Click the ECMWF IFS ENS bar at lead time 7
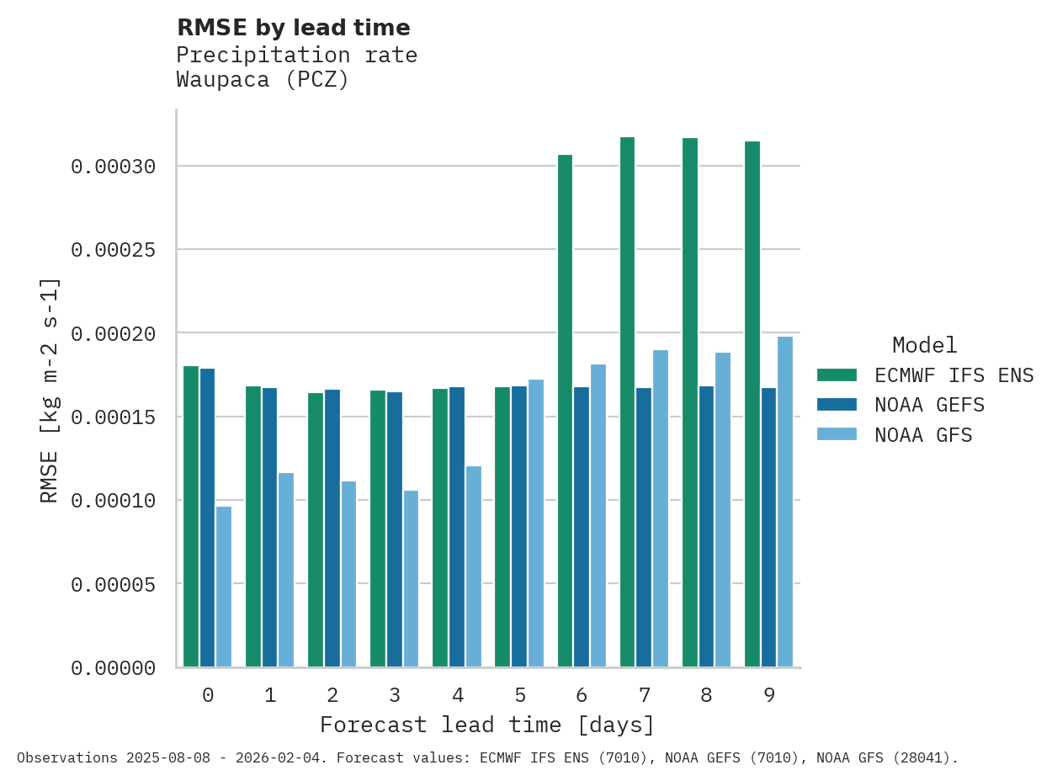(x=628, y=402)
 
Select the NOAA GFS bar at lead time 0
(x=224, y=587)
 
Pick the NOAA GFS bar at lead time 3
(x=411, y=579)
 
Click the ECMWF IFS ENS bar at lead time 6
(x=565, y=411)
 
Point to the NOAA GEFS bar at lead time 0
(x=207, y=518)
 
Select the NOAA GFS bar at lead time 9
(x=785, y=502)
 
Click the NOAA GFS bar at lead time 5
(x=536, y=523)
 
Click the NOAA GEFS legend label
(x=929, y=405)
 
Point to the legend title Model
(x=924, y=345)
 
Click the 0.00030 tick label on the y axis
(x=114, y=167)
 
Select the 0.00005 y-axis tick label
(x=114, y=584)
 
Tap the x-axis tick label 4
(x=457, y=695)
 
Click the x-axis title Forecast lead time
(x=487, y=725)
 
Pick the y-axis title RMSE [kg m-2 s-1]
(x=50, y=390)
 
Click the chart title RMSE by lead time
(x=294, y=28)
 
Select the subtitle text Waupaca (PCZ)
(x=263, y=80)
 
